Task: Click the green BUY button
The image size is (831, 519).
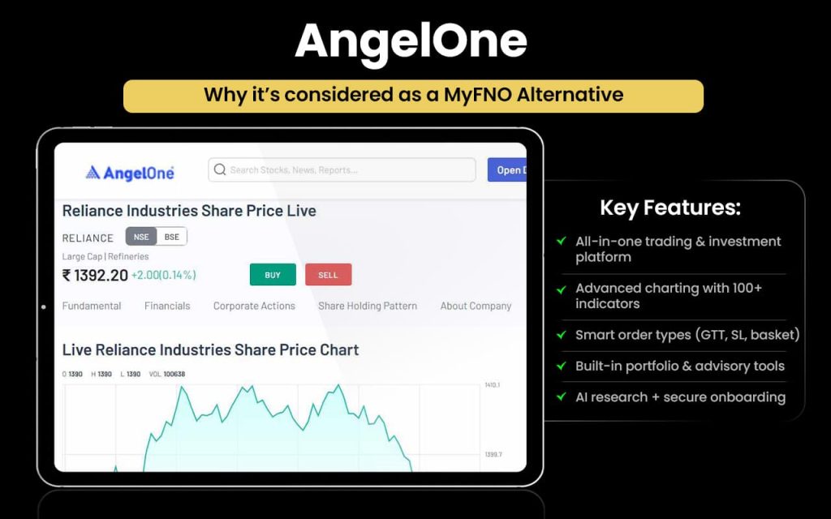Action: click(273, 275)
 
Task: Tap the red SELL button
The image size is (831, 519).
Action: click(328, 275)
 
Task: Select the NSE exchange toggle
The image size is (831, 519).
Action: click(140, 237)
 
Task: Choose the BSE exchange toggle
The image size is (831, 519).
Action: click(171, 237)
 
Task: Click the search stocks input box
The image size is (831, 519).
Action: click(349, 169)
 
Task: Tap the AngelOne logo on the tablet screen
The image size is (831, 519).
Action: click(130, 172)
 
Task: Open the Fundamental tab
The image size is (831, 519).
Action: click(92, 306)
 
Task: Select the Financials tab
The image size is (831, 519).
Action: click(167, 306)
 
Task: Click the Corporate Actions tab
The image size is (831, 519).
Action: click(254, 306)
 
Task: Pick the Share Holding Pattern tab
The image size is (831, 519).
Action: click(368, 306)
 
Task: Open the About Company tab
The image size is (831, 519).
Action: click(476, 306)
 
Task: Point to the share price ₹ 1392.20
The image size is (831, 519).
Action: click(95, 276)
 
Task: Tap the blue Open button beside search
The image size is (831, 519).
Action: click(507, 169)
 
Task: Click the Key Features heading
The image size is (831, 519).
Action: click(670, 208)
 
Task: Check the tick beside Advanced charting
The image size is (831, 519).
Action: click(561, 289)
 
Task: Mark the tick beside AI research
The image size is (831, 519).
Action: click(561, 397)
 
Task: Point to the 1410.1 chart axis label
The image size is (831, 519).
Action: click(493, 384)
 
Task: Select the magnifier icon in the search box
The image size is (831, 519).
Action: click(220, 169)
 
